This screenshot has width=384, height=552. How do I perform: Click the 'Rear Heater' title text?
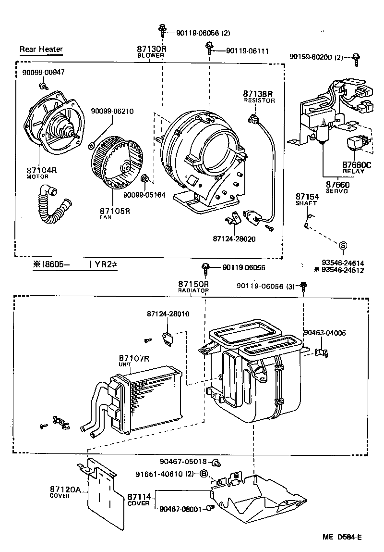coord(41,49)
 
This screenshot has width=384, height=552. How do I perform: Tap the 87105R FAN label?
coord(115,213)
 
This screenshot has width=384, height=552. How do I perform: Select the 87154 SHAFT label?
coord(307,199)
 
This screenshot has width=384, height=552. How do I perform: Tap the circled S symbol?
coord(343,245)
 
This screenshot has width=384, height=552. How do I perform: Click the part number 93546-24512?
coord(342,270)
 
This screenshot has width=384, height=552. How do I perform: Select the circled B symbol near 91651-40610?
coord(203,474)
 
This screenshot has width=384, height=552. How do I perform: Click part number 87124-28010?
coord(168,314)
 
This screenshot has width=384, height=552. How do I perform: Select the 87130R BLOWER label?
coord(151,51)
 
